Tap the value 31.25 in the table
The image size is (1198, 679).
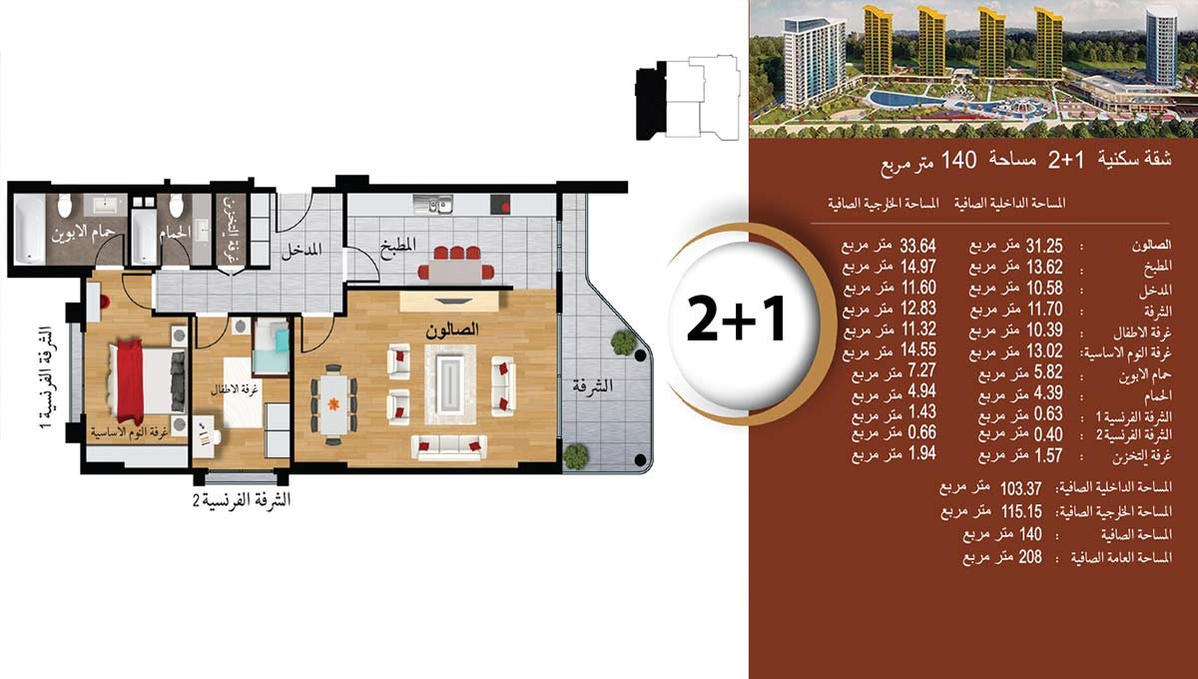point(1044,246)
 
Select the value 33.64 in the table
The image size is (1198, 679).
point(917,246)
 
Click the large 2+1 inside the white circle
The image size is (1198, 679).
point(736,319)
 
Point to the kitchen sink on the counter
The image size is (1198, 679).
point(433,204)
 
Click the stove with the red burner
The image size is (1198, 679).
point(500,204)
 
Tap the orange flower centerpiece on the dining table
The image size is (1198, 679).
point(333,404)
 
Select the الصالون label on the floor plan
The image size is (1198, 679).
point(452,330)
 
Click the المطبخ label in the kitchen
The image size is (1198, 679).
point(398,246)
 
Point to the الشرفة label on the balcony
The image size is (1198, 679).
point(593,385)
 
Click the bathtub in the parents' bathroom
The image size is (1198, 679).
point(29,229)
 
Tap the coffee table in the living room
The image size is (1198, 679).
point(450,383)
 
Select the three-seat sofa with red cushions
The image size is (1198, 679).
point(448,446)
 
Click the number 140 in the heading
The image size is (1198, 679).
point(958,160)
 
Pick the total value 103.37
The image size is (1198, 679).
point(1021,488)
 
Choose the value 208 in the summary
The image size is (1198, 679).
point(1030,557)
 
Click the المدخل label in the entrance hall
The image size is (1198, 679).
point(302,250)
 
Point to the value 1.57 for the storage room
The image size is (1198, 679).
point(1048,455)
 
